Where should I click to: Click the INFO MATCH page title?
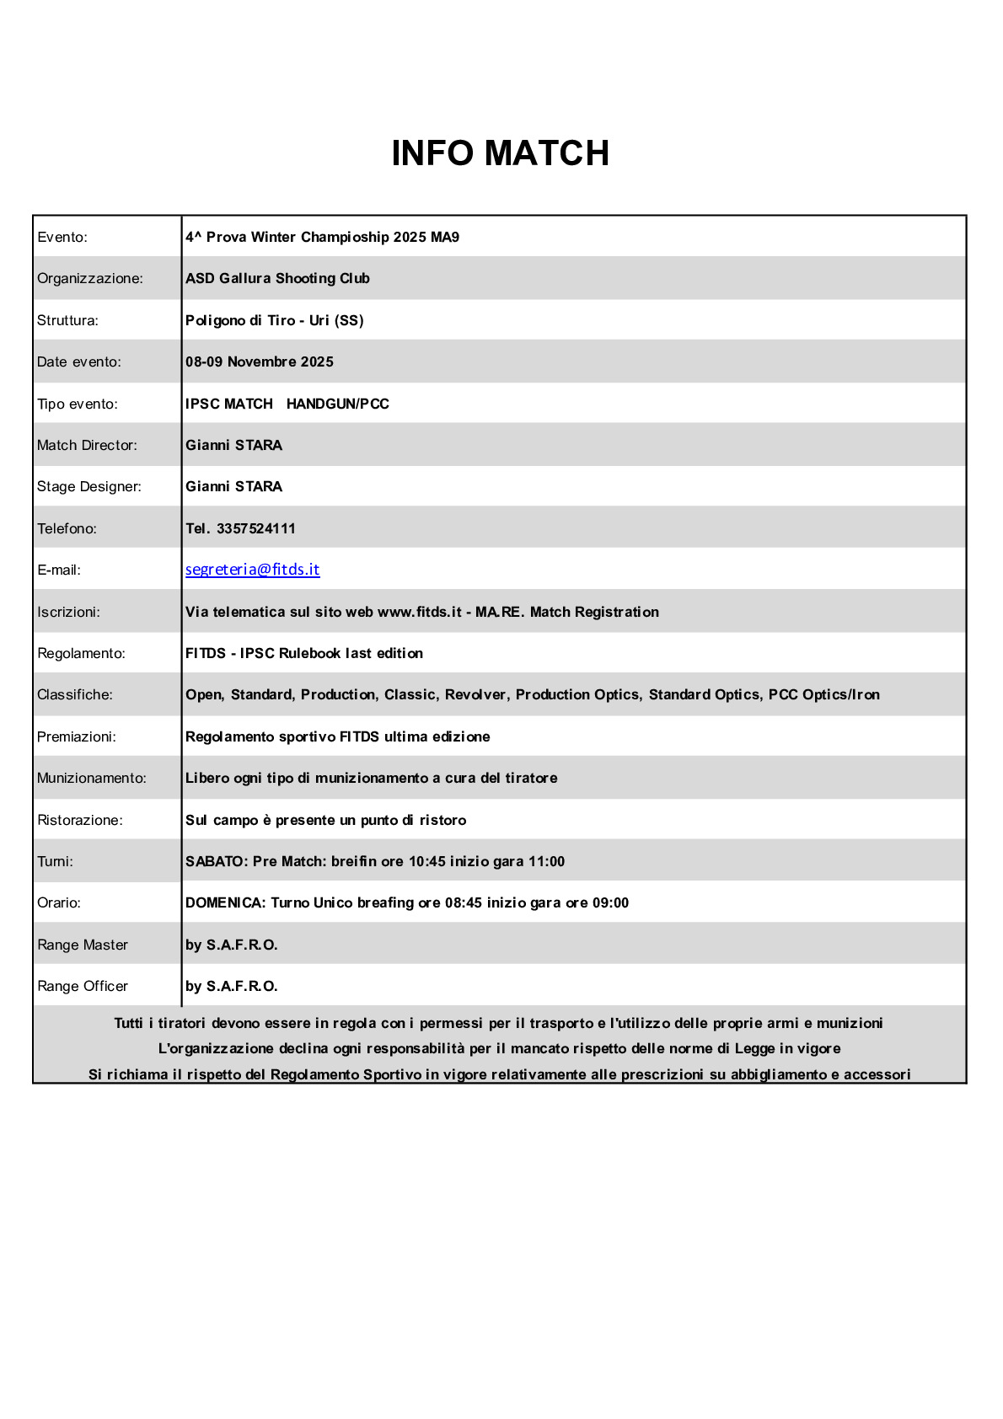[500, 153]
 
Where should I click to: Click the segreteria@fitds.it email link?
[252, 570]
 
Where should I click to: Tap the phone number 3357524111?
[255, 528]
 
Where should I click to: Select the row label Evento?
[62, 237]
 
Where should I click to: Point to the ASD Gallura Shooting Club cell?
[277, 278]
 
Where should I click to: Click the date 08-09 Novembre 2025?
[259, 361]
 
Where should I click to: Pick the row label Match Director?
[87, 445]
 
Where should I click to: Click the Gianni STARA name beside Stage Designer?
[233, 486]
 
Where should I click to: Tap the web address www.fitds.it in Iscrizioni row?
[419, 612]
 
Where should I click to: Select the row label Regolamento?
[81, 653]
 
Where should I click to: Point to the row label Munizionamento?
[92, 778]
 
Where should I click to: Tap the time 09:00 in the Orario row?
[610, 902]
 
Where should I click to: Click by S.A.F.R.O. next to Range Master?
[231, 945]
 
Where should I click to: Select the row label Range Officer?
[83, 986]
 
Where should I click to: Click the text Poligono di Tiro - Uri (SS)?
[274, 320]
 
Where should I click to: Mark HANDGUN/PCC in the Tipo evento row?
[337, 404]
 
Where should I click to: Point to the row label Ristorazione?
[80, 820]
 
